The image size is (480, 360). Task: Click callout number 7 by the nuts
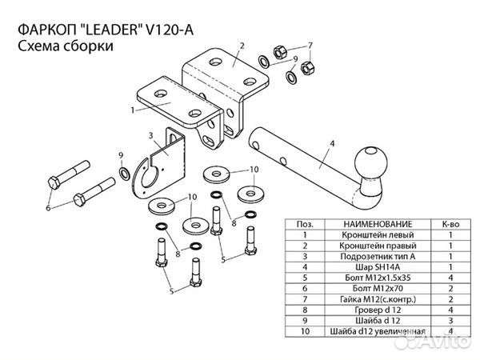(x=310, y=45)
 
